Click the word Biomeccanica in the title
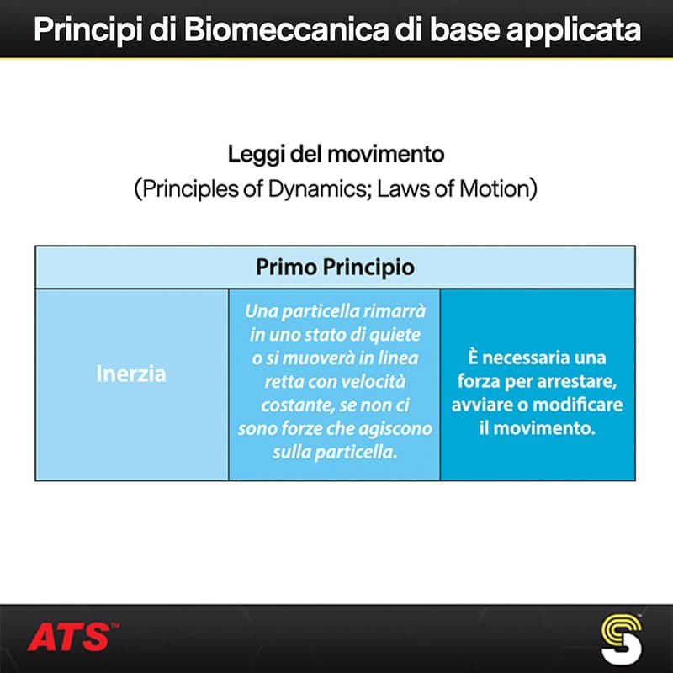286,29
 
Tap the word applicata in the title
574,31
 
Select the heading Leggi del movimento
336,155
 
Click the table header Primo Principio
335,268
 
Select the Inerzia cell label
131,374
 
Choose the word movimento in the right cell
544,428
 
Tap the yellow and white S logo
622,639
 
